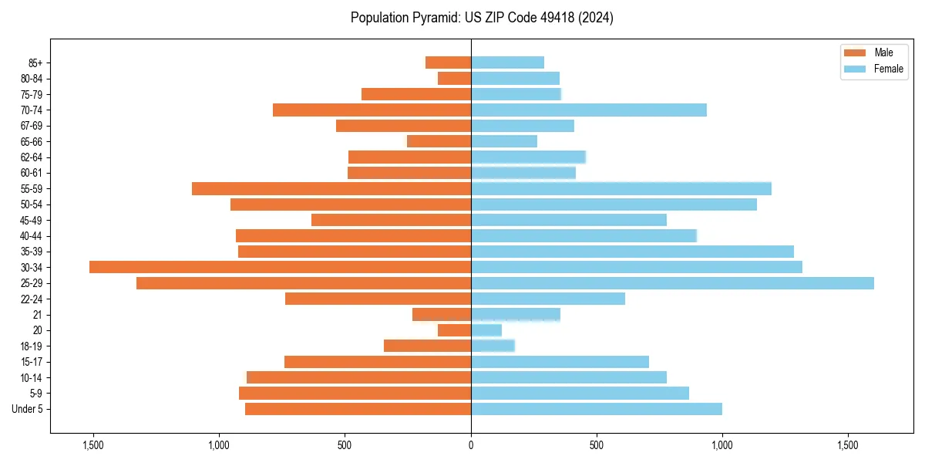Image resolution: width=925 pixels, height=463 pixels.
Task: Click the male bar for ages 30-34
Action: pyautogui.click(x=280, y=267)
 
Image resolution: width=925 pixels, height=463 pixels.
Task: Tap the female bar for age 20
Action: pyautogui.click(x=486, y=330)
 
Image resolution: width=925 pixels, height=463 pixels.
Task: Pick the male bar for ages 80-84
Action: pyautogui.click(x=454, y=79)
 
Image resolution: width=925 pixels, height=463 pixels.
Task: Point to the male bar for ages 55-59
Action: pyautogui.click(x=331, y=189)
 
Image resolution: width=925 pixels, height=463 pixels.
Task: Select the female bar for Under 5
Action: pyautogui.click(x=596, y=409)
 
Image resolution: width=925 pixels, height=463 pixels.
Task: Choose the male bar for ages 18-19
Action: pyautogui.click(x=427, y=346)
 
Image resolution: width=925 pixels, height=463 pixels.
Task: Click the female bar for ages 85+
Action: pyautogui.click(x=507, y=63)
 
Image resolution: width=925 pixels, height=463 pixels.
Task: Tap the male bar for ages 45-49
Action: pyautogui.click(x=391, y=220)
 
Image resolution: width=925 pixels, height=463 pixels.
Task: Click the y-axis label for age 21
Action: pyautogui.click(x=38, y=315)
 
